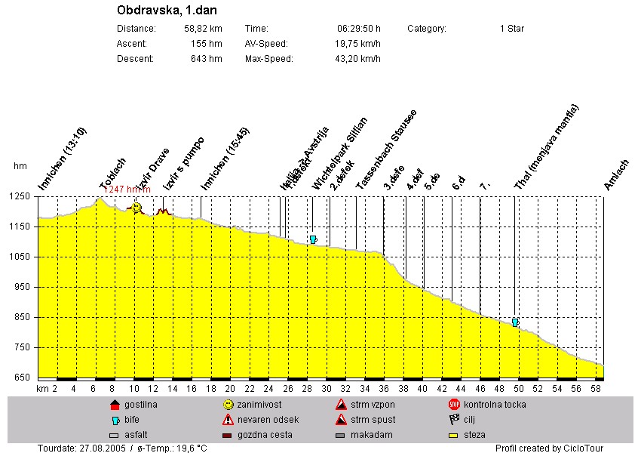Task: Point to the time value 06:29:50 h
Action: pos(358,29)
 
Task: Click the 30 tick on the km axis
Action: pos(327,389)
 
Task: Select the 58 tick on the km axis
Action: pos(595,389)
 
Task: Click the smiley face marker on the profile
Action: pos(136,208)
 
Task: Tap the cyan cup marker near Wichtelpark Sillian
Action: pos(313,239)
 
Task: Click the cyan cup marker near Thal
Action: pos(515,322)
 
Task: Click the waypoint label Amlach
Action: pos(616,174)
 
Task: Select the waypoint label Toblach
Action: pos(113,174)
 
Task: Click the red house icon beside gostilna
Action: pos(115,405)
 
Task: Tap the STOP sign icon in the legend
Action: pos(454,405)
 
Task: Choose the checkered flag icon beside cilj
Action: pos(454,420)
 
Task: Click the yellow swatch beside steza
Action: pos(454,435)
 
